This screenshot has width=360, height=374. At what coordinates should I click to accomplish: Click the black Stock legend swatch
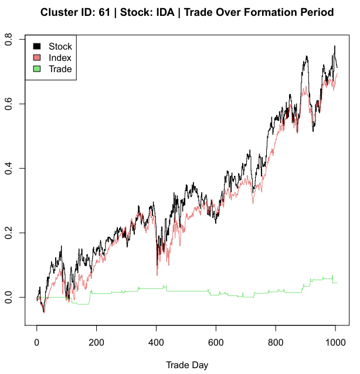pyautogui.click(x=36, y=46)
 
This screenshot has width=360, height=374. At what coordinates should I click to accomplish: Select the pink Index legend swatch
pyautogui.click(x=36, y=57)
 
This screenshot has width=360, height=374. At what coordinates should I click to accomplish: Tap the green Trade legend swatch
pyautogui.click(x=36, y=69)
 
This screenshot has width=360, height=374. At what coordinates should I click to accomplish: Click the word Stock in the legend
pyautogui.click(x=60, y=46)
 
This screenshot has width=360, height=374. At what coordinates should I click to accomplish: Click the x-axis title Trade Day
pyautogui.click(x=187, y=365)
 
